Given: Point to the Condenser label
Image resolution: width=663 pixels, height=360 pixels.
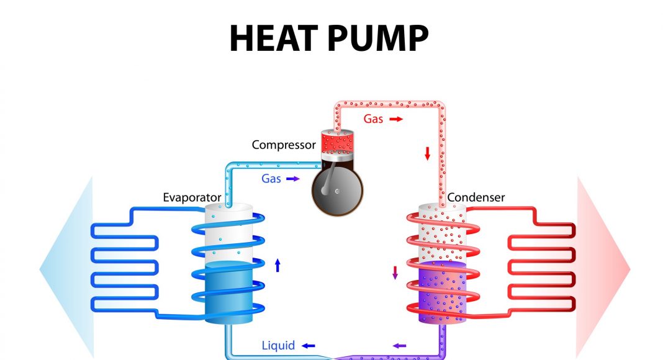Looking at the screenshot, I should point(476,198).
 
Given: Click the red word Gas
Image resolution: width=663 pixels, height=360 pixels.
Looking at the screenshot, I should point(373,119).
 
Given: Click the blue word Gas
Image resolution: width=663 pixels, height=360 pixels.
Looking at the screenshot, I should point(271,179).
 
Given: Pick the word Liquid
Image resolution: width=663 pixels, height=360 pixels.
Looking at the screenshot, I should point(278,345).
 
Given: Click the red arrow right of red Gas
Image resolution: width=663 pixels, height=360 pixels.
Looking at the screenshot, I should point(396,119).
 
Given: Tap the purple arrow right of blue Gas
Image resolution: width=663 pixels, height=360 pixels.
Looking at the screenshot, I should point(293,179).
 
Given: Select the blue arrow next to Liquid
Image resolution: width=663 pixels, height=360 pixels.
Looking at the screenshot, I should point(308,345).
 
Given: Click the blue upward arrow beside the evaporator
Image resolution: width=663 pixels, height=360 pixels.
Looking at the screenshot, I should point(277,266).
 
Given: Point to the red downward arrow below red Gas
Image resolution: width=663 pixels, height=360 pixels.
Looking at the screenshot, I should point(427,153).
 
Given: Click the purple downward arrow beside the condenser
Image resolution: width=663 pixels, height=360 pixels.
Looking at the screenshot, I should point(395,272).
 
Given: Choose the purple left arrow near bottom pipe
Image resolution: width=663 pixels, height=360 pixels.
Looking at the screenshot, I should point(400,345).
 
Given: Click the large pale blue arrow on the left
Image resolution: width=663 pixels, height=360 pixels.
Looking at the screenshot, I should point(65,268).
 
